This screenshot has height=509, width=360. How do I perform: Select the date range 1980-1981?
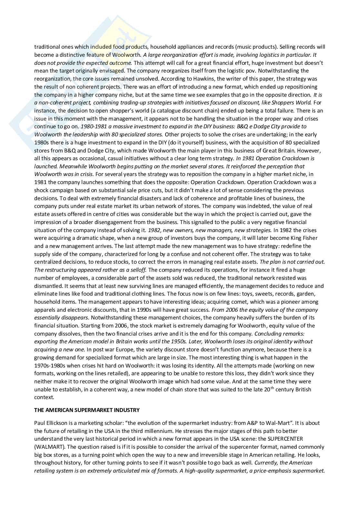94,127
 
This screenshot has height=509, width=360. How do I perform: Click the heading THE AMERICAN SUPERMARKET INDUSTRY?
87,410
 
